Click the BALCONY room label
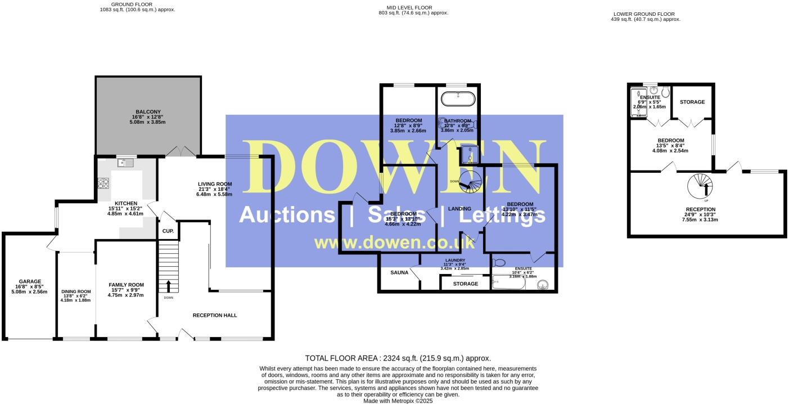click(x=148, y=111)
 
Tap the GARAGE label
click(x=30, y=281)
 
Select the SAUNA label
click(x=399, y=273)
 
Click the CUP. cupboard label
click(x=168, y=231)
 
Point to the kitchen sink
click(x=125, y=163)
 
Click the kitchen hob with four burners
click(x=104, y=182)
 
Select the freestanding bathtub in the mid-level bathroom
click(x=458, y=100)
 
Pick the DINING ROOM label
click(x=75, y=291)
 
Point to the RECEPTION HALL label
click(x=215, y=315)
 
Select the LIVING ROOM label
click(x=214, y=184)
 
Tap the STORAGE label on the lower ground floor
click(x=692, y=102)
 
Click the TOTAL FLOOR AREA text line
click(x=398, y=358)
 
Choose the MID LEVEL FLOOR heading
click(x=413, y=7)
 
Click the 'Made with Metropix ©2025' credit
click(x=398, y=401)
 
